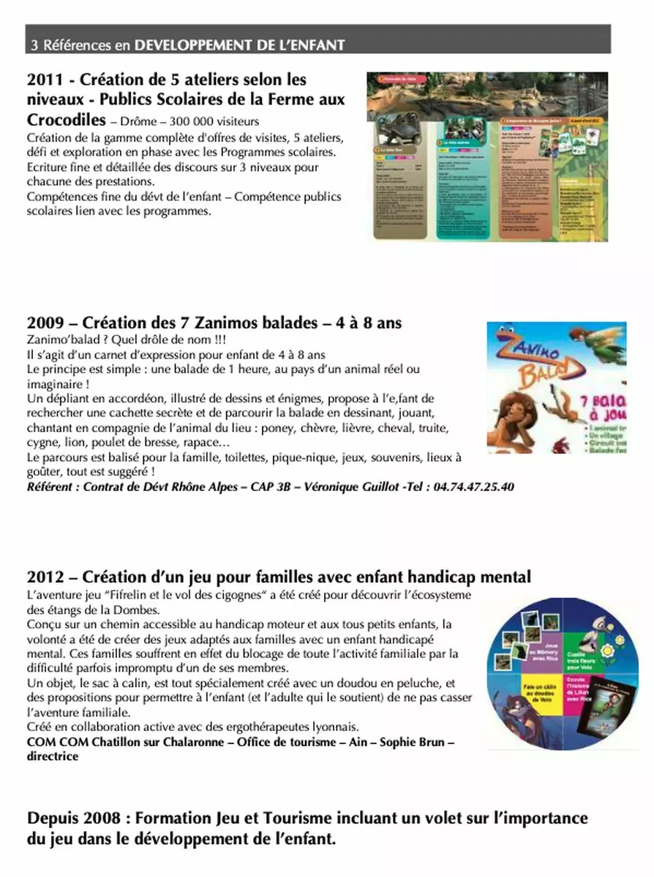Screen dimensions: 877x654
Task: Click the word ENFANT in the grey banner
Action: [x=319, y=45]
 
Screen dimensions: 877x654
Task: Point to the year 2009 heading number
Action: [x=45, y=322]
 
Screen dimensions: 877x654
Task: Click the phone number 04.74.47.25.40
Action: [x=473, y=487]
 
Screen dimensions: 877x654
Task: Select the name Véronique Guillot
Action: [x=358, y=487]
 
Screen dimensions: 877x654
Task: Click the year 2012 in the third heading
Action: [x=45, y=577]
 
